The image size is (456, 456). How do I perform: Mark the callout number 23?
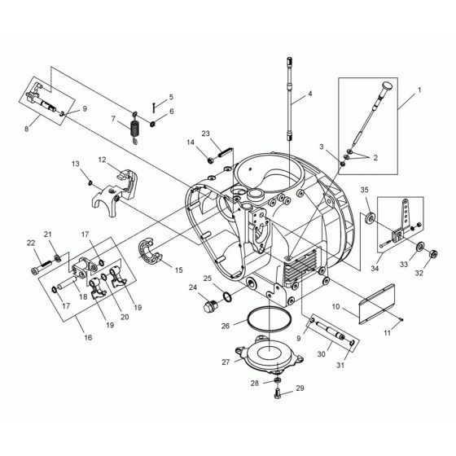pos(206,134)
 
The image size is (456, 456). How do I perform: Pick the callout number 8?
pos(32,127)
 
